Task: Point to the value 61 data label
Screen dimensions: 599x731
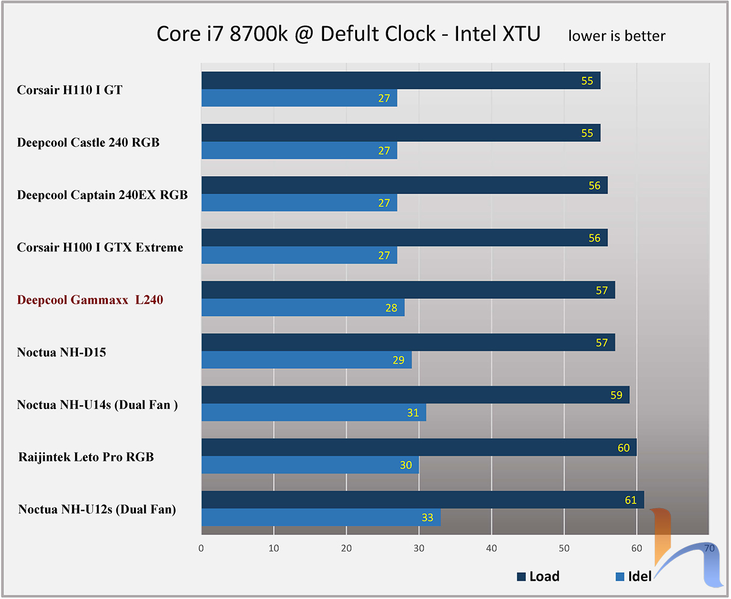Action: coord(630,500)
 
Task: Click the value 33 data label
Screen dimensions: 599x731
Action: coord(428,517)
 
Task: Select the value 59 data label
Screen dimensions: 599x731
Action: coord(616,396)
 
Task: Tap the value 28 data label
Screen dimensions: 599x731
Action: coord(391,308)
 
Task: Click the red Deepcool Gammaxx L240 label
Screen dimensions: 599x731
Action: coord(90,299)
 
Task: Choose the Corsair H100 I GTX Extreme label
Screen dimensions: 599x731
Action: coord(100,247)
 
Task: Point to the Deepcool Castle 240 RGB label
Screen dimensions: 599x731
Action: coord(88,143)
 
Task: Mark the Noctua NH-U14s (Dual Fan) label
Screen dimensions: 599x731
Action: coord(97,404)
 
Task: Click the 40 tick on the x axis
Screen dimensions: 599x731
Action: coord(492,548)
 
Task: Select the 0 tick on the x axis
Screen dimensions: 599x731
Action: coord(201,548)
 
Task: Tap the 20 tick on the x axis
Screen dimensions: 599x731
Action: coord(346,548)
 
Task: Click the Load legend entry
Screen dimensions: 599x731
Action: coord(538,576)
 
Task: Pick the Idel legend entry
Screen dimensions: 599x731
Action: coord(633,576)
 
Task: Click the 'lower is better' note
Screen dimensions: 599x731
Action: coord(616,36)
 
